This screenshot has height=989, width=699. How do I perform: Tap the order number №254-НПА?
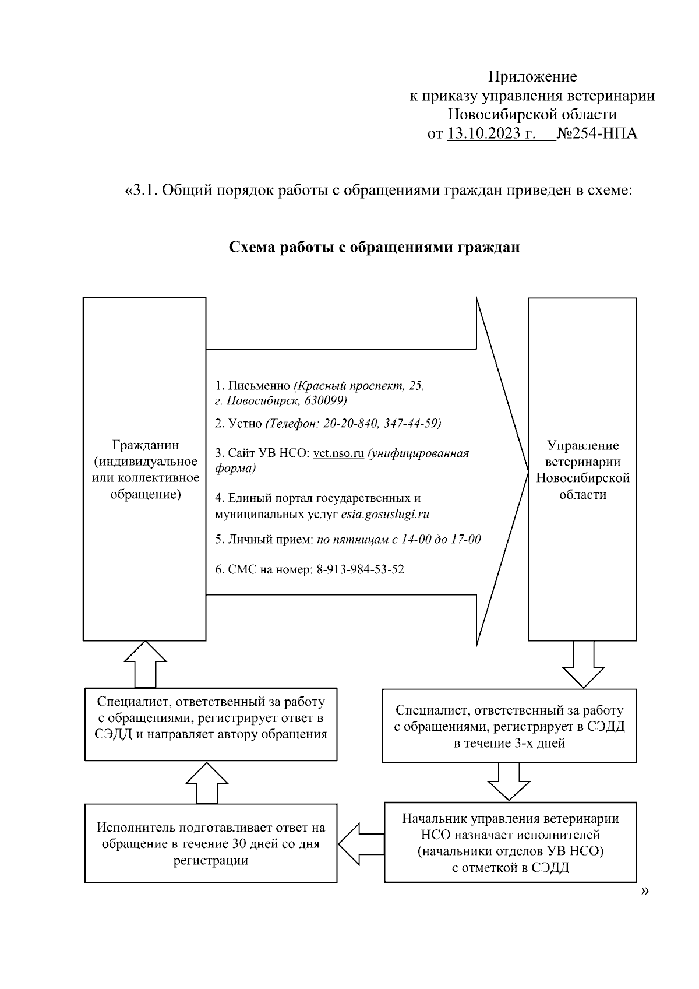point(597,133)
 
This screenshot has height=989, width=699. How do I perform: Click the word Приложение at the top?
point(532,76)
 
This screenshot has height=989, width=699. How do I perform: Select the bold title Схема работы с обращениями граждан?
point(374,247)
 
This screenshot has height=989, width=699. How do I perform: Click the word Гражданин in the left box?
point(146,445)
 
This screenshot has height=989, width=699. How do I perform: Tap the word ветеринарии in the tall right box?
point(582,462)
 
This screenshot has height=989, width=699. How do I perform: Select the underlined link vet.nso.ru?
point(338,453)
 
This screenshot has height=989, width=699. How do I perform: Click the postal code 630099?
point(326,401)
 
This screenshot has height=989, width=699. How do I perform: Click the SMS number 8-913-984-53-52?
point(360,569)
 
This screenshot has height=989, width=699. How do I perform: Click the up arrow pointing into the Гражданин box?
point(145,664)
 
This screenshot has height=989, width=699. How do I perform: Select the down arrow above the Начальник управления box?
point(509,782)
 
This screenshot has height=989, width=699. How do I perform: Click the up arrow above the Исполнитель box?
point(206,783)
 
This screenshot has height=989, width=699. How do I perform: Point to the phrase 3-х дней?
point(539,743)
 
